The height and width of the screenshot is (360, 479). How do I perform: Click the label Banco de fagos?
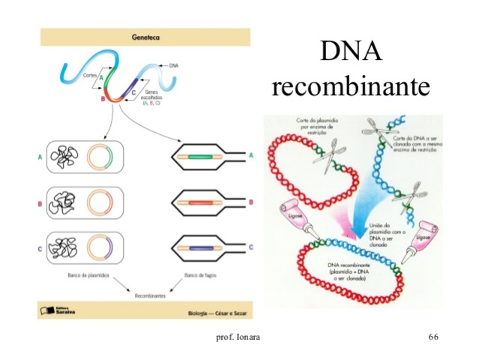(x=198, y=276)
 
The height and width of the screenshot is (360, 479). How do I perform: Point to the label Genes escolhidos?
(x=156, y=97)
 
